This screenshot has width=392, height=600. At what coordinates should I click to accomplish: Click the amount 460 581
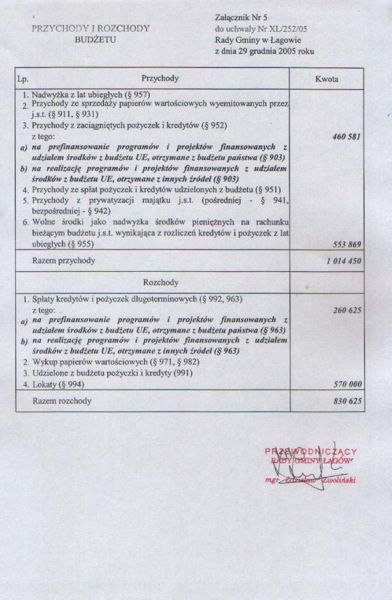pyautogui.click(x=343, y=137)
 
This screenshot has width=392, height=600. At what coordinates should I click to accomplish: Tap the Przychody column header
pyautogui.click(x=160, y=79)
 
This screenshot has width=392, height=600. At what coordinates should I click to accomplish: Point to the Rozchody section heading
pyautogui.click(x=160, y=283)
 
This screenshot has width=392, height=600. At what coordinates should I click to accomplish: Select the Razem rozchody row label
pyautogui.click(x=57, y=401)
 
